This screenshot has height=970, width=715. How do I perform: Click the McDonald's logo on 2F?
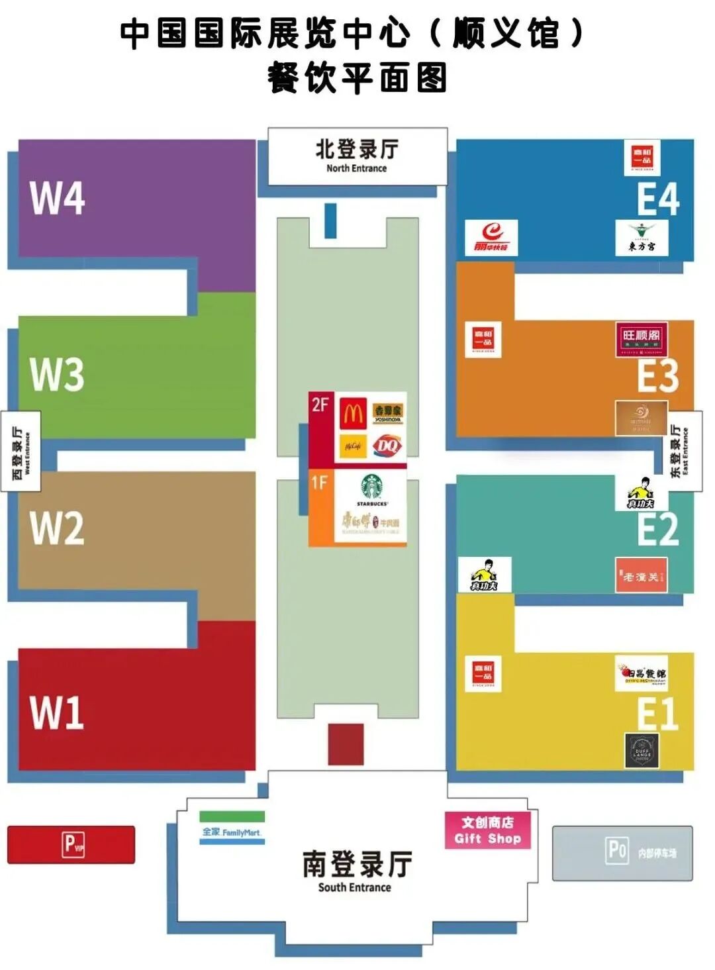pyautogui.click(x=354, y=414)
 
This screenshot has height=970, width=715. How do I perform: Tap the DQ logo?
pyautogui.click(x=387, y=446)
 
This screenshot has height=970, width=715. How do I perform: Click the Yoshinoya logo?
pyautogui.click(x=388, y=413)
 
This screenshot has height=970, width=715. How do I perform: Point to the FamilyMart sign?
pyautogui.click(x=232, y=831)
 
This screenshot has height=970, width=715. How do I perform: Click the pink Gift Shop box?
pyautogui.click(x=487, y=830)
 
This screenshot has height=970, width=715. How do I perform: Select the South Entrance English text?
pyautogui.click(x=355, y=887)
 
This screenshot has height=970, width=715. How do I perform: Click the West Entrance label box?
pyautogui.click(x=21, y=451)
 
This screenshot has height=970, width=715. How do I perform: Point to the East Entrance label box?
pyautogui.click(x=684, y=451)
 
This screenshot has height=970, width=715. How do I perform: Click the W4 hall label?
pyautogui.click(x=58, y=197)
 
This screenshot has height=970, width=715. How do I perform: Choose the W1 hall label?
pyautogui.click(x=58, y=712)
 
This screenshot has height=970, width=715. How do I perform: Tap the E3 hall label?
pyautogui.click(x=657, y=375)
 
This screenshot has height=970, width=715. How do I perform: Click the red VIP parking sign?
pyautogui.click(x=71, y=845)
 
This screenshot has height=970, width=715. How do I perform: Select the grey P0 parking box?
pyautogui.click(x=622, y=853)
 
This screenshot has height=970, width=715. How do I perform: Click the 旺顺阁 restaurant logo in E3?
pyautogui.click(x=641, y=340)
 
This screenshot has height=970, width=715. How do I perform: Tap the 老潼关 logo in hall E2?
pyautogui.click(x=641, y=577)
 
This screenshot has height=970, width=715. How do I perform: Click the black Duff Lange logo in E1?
pyautogui.click(x=642, y=751)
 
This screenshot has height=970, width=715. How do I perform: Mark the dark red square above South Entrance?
pyautogui.click(x=346, y=744)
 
